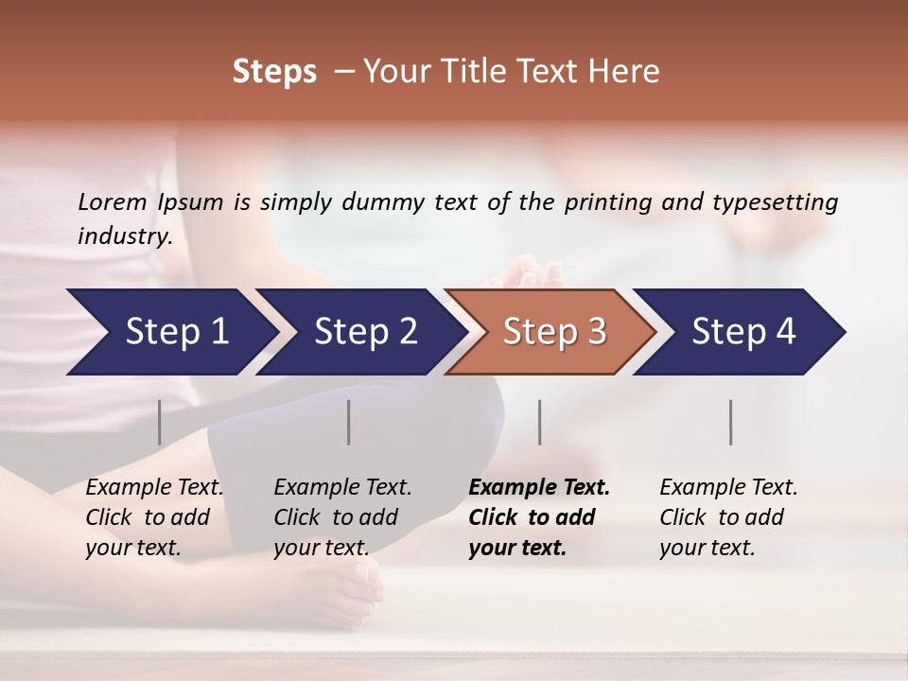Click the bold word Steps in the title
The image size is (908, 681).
point(274,71)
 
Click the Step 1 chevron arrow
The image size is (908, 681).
point(170,332)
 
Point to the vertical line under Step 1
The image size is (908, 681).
point(160,422)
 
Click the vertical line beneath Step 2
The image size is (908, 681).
point(349,422)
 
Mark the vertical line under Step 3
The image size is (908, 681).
point(540,422)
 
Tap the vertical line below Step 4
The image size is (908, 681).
point(731,422)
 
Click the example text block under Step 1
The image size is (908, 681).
point(154,517)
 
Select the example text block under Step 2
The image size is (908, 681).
point(342,517)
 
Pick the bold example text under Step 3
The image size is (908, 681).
point(539,517)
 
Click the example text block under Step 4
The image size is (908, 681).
point(728,517)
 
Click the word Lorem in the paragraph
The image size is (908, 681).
point(113,202)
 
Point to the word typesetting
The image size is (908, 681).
point(777,202)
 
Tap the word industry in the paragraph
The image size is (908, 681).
point(125,236)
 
